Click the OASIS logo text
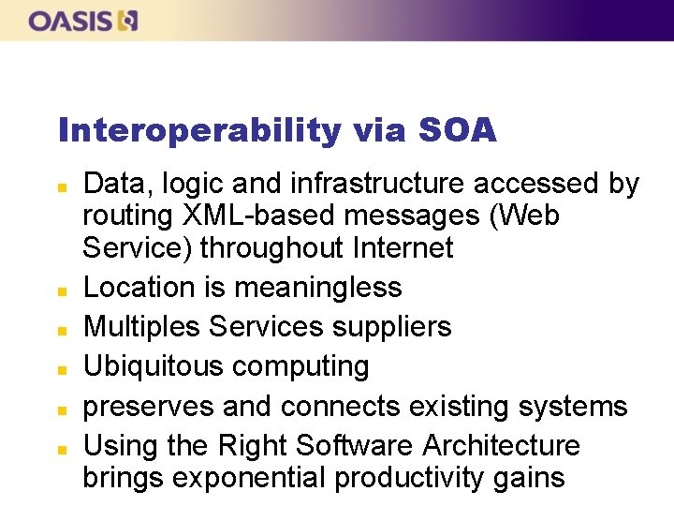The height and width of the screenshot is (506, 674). [70, 21]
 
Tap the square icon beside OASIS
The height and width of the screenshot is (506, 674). [127, 21]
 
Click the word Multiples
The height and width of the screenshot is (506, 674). [142, 326]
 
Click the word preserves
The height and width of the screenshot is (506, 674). [150, 406]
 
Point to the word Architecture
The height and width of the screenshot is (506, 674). [502, 445]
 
